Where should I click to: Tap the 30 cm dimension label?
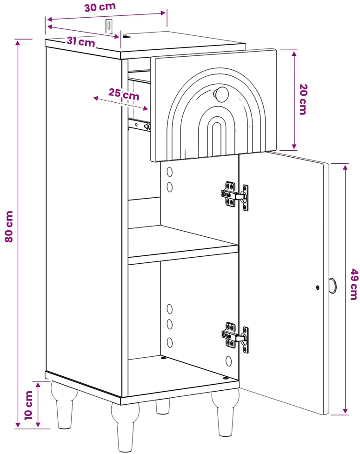pyautogui.click(x=100, y=7)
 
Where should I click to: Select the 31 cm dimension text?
pyautogui.click(x=81, y=42)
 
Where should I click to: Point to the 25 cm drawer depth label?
pyautogui.click(x=124, y=94)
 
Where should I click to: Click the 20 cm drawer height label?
pyautogui.click(x=303, y=100)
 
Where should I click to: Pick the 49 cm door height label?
pyautogui.click(x=353, y=284)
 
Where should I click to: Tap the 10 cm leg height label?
pyautogui.click(x=29, y=405)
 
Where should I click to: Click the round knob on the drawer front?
pyautogui.click(x=221, y=94)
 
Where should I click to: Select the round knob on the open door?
pyautogui.click(x=332, y=286)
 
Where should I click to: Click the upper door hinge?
pyautogui.click(x=235, y=194)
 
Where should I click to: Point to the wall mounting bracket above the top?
pyautogui.click(x=109, y=26)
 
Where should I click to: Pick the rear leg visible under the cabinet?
pyautogui.click(x=163, y=406)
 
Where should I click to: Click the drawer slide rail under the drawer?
pyautogui.click(x=140, y=125)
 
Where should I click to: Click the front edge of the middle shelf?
pyautogui.click(x=183, y=254)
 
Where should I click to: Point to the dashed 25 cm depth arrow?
pyautogui.click(x=120, y=103)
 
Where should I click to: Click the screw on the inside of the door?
pyautogui.click(x=318, y=287)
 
